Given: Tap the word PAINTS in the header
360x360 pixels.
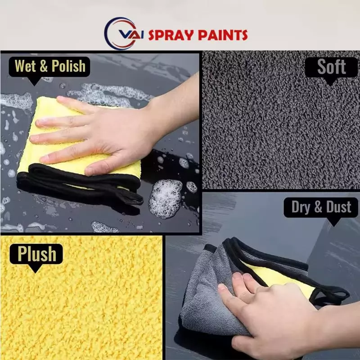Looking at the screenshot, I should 221,35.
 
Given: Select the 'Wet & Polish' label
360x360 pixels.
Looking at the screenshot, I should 50,66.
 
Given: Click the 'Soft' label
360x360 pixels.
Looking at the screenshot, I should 331,67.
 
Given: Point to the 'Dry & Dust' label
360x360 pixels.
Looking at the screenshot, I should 321,207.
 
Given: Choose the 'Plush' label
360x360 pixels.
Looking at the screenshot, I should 37,254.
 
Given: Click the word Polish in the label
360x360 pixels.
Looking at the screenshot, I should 68,66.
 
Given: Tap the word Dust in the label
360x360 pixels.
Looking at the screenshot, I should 339,207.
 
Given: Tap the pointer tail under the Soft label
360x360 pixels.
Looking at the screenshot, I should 331,82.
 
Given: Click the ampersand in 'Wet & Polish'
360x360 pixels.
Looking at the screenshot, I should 44,67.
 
